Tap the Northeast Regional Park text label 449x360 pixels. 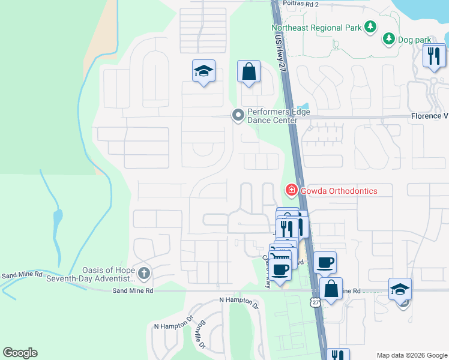[316, 27]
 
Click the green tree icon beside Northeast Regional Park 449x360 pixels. [371, 26]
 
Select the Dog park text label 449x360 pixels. [415, 40]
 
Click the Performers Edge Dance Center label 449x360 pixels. [273, 116]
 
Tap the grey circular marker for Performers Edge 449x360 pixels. [238, 115]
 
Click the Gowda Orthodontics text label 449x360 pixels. [339, 191]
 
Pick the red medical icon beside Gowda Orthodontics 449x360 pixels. [291, 191]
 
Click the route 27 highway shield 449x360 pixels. [316, 303]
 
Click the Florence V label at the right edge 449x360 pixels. [429, 116]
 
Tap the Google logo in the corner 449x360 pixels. [20, 353]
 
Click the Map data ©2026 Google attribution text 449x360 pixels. [411, 355]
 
